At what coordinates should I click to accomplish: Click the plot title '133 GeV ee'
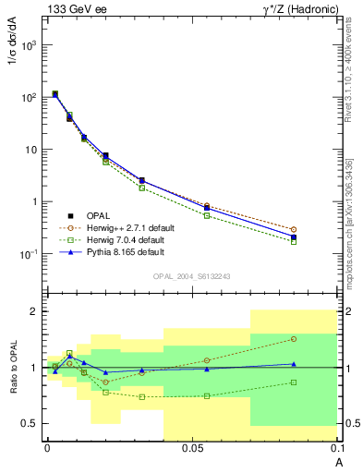click(74, 8)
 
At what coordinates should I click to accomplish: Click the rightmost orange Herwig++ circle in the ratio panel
click(293, 339)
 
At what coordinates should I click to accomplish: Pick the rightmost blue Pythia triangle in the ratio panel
click(293, 364)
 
